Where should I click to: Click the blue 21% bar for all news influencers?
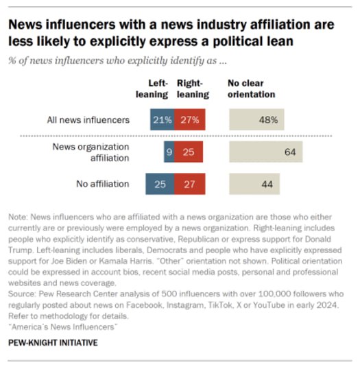coord(162,120)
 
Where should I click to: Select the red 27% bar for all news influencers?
coord(189,120)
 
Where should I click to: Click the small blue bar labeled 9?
coord(169,152)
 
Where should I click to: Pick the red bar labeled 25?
coord(188,152)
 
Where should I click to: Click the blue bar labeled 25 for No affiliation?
coord(160,184)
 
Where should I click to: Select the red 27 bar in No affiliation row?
coord(189,184)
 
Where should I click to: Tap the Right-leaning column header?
coord(193,89)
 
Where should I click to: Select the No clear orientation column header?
coord(251,89)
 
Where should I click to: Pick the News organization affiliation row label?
coord(91,152)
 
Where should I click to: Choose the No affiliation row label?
coord(102,184)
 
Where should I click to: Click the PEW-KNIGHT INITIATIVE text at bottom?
coord(53,342)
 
